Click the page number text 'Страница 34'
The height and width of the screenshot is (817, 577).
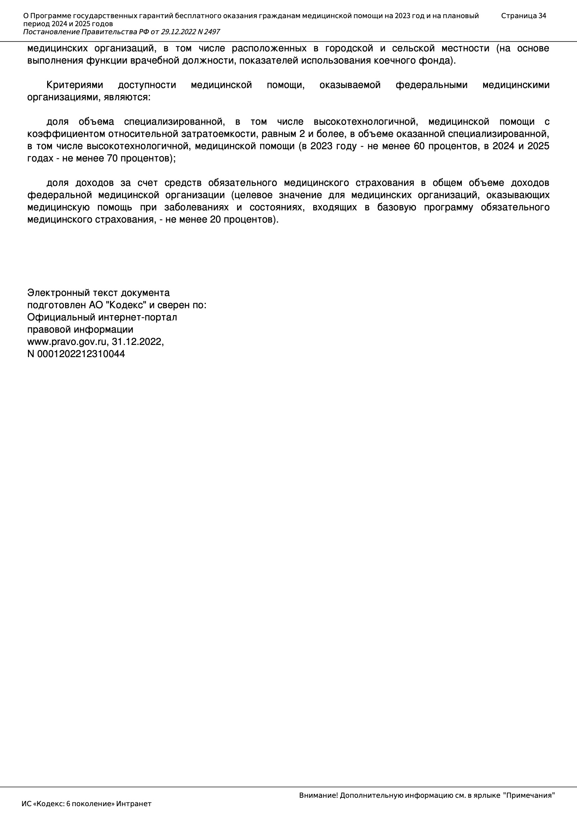tap(523, 16)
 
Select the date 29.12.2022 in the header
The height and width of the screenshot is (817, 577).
tap(178, 32)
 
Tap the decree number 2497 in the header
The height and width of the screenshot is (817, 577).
tap(212, 32)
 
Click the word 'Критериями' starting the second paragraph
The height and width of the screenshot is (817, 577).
tap(75, 85)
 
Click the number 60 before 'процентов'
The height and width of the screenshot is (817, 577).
tap(419, 146)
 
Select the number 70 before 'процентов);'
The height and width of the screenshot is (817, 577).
tap(113, 158)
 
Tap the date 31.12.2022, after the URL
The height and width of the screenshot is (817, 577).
tap(138, 342)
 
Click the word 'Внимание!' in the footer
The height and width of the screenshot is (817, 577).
tap(319, 795)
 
